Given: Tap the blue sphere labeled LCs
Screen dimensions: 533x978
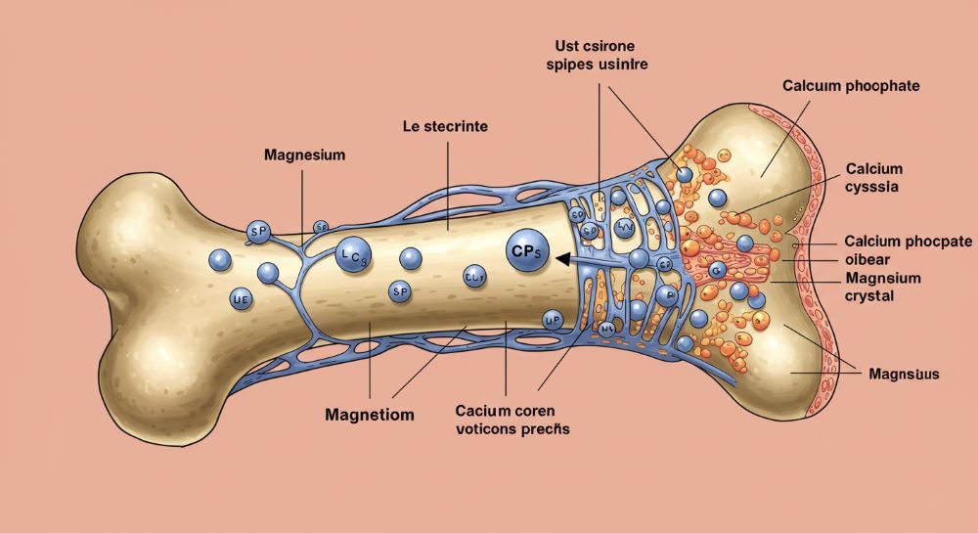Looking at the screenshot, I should (351, 255).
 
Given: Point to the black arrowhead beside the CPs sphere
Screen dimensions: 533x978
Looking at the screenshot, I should (561, 258).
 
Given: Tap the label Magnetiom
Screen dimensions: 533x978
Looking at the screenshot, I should (369, 415).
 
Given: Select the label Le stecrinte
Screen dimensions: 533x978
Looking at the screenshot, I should (446, 127).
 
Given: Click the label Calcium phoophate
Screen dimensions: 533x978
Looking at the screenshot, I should (851, 86).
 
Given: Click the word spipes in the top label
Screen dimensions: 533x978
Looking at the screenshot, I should (567, 65).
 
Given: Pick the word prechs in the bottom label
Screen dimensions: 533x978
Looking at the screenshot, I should (546, 428).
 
